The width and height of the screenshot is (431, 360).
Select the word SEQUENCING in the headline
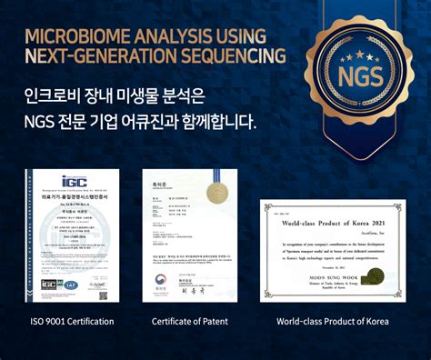[235, 55]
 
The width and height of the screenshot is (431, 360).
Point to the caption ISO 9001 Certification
[72, 321]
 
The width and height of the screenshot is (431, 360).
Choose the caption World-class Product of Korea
[333, 321]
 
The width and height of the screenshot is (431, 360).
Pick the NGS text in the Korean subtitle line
[44, 119]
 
